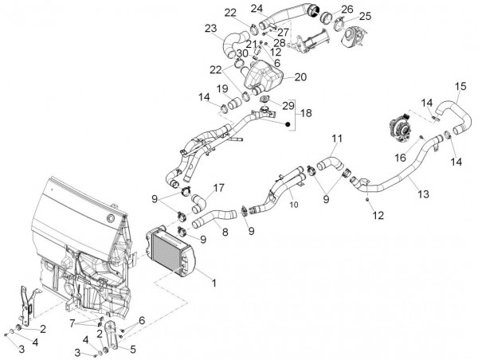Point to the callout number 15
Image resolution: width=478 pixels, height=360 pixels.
(x=460, y=86)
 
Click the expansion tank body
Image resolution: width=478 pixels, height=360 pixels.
(x=263, y=78)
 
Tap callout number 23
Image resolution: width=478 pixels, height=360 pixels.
(x=210, y=29)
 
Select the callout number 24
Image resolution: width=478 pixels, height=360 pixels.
(x=257, y=9)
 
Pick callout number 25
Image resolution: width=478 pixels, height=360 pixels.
(x=365, y=16)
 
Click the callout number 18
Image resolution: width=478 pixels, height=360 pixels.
(x=306, y=114)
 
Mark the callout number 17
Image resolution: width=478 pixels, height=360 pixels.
(x=217, y=189)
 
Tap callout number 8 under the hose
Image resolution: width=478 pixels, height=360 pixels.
(x=225, y=233)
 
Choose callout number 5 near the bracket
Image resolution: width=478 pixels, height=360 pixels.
(x=132, y=349)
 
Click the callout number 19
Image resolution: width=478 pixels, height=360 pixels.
(x=223, y=88)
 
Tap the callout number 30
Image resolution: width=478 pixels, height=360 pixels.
(x=241, y=53)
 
